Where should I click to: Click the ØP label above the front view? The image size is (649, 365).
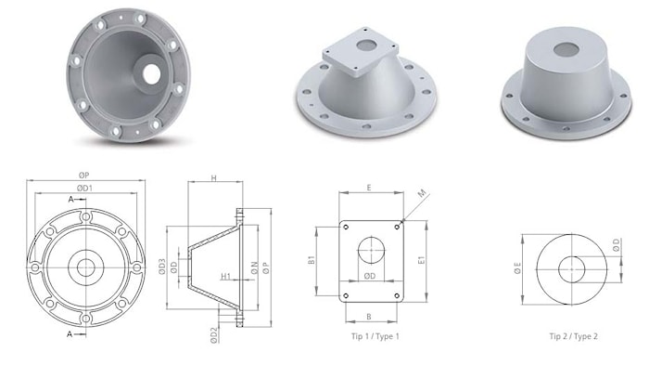point(83,176)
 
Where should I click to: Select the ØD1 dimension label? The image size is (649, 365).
point(85,188)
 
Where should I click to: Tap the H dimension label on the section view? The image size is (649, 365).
point(214,178)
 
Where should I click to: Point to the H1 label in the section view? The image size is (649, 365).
point(225,276)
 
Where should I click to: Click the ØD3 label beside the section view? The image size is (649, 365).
point(162,267)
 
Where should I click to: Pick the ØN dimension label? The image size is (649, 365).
point(255,267)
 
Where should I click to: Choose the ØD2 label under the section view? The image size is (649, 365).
point(213,335)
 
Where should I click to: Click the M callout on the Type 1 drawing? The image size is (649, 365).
point(422,194)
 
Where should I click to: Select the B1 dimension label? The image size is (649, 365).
point(312,260)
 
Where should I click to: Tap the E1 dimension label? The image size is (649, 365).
point(421,260)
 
